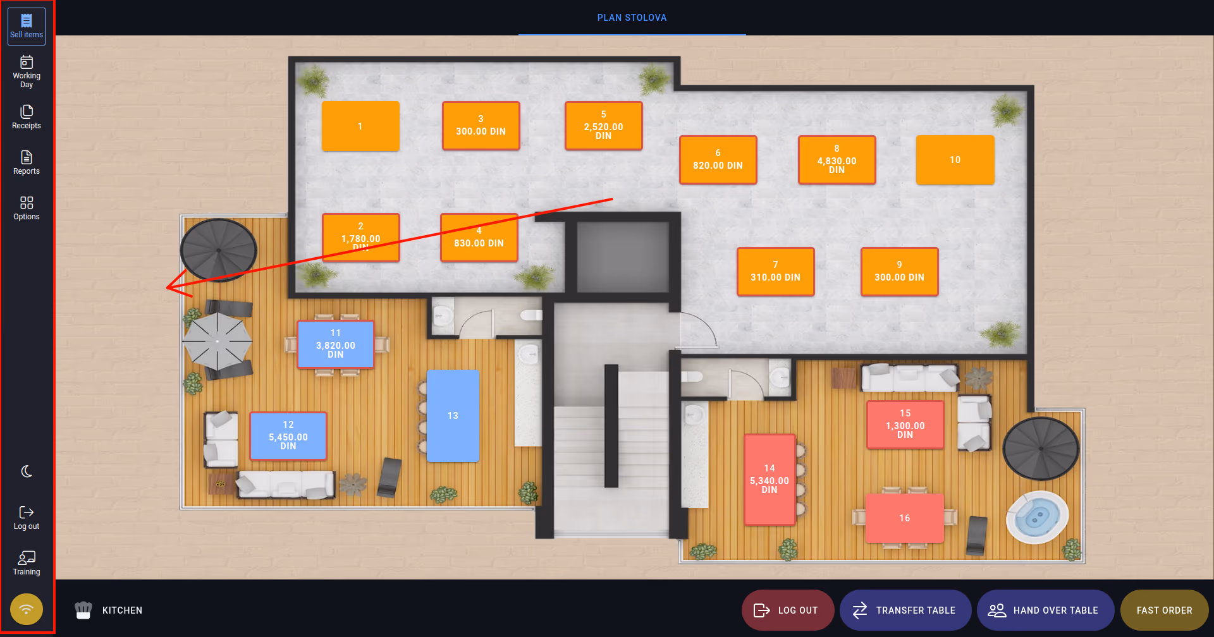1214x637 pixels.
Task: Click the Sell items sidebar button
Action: pyautogui.click(x=27, y=27)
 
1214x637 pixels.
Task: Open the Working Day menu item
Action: pyautogui.click(x=27, y=72)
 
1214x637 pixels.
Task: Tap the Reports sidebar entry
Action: pyautogui.click(x=27, y=162)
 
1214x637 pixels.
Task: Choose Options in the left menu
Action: pyautogui.click(x=27, y=208)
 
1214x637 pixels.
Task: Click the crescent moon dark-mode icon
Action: pyautogui.click(x=27, y=471)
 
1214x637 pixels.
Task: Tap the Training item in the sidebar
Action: pyautogui.click(x=27, y=563)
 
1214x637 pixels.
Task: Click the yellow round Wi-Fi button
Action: pyautogui.click(x=27, y=609)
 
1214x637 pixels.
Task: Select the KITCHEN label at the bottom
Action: pyautogui.click(x=122, y=610)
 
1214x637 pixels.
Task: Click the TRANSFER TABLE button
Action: pyautogui.click(x=905, y=610)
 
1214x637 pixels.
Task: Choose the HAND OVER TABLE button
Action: pyautogui.click(x=1046, y=610)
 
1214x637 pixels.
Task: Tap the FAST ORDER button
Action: pyautogui.click(x=1165, y=610)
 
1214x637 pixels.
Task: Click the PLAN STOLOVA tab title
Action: pyautogui.click(x=632, y=18)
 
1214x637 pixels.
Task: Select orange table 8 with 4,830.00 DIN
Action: pyautogui.click(x=837, y=160)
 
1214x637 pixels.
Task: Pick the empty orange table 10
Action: pyautogui.click(x=955, y=160)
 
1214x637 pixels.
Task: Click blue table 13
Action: pyautogui.click(x=453, y=416)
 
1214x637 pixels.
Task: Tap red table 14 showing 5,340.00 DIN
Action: pyautogui.click(x=769, y=479)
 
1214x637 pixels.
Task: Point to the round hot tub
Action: pyautogui.click(x=1037, y=518)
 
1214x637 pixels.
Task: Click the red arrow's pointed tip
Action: pyautogui.click(x=166, y=288)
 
